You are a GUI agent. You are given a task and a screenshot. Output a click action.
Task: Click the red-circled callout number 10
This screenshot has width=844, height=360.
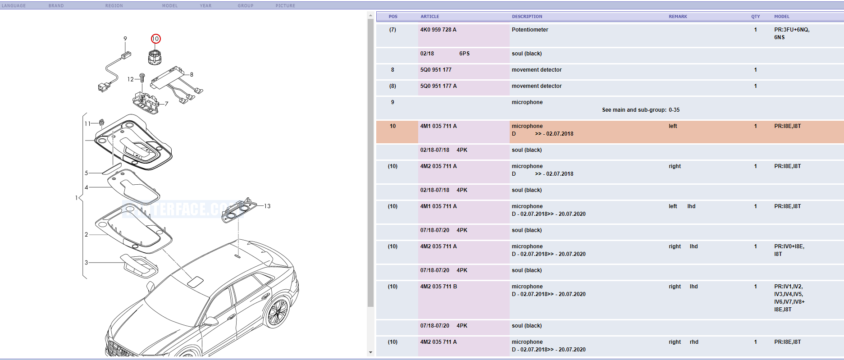coord(155,39)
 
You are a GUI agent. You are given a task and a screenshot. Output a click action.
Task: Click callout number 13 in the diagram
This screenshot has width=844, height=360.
coord(267,206)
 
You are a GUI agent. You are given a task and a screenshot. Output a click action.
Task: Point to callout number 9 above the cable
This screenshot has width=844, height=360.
coord(125,39)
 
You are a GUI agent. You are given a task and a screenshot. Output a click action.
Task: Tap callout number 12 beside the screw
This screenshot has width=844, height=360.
coord(130,79)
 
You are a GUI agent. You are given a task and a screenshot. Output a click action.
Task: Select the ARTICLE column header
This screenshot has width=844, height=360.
coord(429,17)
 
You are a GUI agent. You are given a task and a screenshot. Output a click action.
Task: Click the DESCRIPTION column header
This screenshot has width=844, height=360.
coord(527,17)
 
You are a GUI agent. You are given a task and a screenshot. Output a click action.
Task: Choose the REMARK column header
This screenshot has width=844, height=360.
coord(678,17)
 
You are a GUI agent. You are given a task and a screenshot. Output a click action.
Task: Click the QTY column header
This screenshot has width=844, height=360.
coord(755,17)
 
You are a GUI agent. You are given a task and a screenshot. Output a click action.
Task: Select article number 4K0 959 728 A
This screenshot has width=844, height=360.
coord(438,30)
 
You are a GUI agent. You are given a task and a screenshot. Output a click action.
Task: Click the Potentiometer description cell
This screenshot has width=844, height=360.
coord(530,30)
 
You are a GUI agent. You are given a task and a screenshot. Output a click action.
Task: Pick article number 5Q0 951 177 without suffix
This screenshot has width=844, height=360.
coord(436,70)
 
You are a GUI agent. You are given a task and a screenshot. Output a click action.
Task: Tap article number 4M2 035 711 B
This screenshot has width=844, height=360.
coord(438,287)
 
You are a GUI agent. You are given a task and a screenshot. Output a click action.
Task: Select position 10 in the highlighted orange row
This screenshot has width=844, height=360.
coord(392,126)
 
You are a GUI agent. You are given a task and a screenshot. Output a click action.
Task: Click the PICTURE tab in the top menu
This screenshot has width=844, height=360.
coord(285,6)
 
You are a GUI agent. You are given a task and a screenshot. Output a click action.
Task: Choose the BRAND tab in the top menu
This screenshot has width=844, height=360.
coord(56,6)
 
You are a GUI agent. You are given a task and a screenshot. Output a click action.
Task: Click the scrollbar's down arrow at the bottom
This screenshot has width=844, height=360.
coord(370,352)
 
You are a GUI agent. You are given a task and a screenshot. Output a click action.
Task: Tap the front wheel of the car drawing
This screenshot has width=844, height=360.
coord(277,312)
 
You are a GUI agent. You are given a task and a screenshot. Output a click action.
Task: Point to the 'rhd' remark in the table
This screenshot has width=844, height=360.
coord(694,342)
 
